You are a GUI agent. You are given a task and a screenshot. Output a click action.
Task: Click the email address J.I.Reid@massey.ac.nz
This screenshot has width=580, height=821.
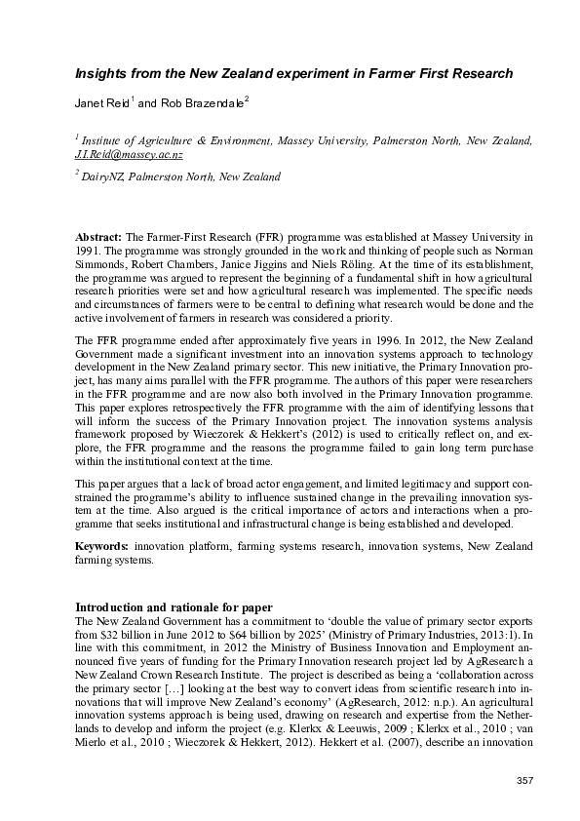coord(129,155)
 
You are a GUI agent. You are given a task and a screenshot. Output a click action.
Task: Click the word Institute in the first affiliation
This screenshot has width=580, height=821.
coord(108,142)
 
